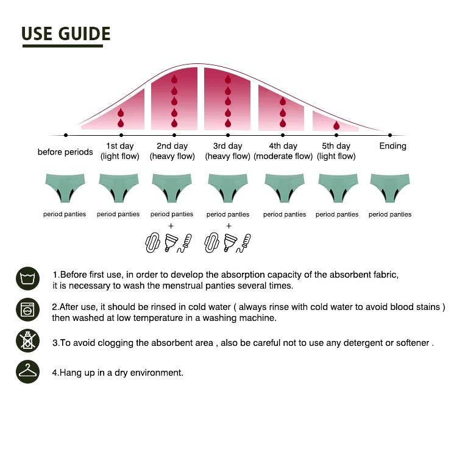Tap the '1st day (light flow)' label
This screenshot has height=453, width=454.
coord(120,151)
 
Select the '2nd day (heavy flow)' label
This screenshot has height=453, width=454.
coord(172,151)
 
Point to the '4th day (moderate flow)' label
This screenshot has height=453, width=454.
coord(283,151)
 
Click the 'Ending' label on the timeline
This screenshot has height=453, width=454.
coord(392,146)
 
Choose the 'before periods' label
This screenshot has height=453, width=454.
coord(65,152)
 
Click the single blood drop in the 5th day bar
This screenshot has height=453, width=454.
coord(336,125)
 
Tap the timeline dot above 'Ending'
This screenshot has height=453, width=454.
coord(390,135)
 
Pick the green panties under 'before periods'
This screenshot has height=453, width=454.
coord(65,187)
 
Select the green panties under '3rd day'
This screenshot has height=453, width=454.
coord(228,187)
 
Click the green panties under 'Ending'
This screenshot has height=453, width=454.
coord(390,187)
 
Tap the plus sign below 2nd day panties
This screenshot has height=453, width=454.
coord(171,226)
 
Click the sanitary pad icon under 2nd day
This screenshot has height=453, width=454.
coord(152,243)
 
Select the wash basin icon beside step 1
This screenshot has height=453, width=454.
coord(27,279)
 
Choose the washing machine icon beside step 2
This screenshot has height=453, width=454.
coord(27,310)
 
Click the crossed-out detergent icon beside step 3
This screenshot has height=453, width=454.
coord(27,341)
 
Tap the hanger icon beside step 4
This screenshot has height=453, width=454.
coord(27,371)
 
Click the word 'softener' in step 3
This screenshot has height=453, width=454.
coord(413,343)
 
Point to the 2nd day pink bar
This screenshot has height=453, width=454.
coord(174,100)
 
